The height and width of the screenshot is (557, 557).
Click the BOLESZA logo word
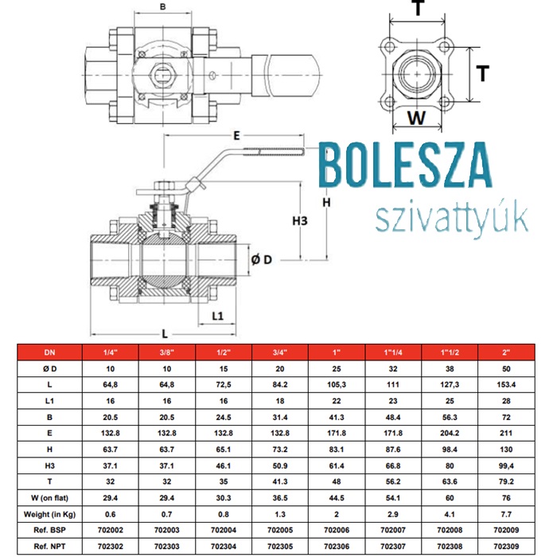(x=406, y=165)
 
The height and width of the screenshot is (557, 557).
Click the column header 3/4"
(x=280, y=353)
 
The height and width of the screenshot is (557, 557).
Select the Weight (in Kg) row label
(x=49, y=514)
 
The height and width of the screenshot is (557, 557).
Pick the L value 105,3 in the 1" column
(x=337, y=384)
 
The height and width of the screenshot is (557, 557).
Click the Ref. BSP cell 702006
(x=337, y=531)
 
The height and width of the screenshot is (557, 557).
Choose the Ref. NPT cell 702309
(x=506, y=547)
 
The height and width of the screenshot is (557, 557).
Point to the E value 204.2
(x=450, y=433)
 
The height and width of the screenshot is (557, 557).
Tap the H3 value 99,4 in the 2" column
(x=506, y=465)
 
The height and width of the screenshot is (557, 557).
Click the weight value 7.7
(x=506, y=514)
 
